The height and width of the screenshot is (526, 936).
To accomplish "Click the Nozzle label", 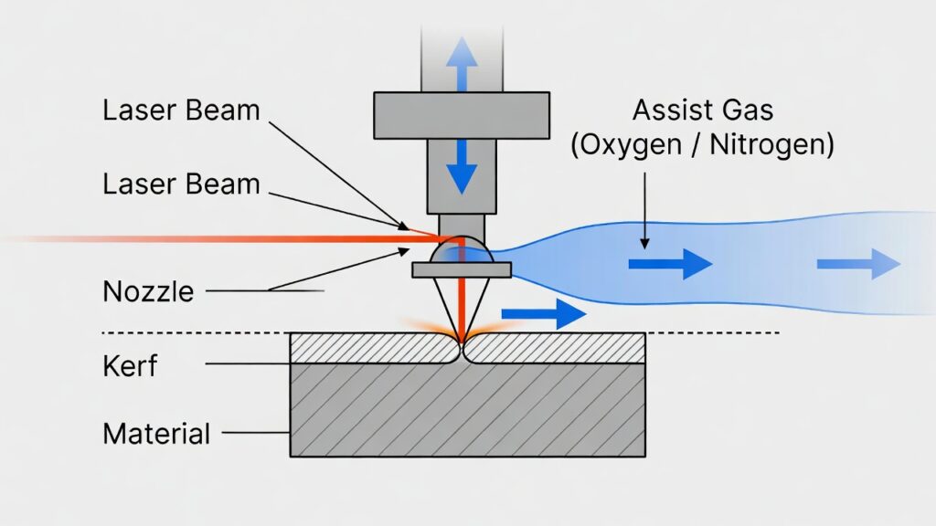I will point(148,291).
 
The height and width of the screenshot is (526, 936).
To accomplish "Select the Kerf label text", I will point(130,366).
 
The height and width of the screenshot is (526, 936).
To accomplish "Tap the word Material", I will point(156,432).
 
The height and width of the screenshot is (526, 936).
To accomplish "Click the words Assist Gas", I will point(703,111).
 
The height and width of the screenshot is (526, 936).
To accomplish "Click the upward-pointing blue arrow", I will point(463,65).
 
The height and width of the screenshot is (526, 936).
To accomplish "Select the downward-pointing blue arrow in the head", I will point(463,165).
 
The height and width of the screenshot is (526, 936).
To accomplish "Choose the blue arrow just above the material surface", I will point(543,314).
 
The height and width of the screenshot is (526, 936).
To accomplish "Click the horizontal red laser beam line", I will point(229,239).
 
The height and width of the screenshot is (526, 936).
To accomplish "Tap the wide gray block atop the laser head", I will point(462,115).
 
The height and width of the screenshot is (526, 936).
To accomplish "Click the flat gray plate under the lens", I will point(462,269).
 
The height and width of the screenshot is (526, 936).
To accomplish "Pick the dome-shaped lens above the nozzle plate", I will point(462,250).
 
